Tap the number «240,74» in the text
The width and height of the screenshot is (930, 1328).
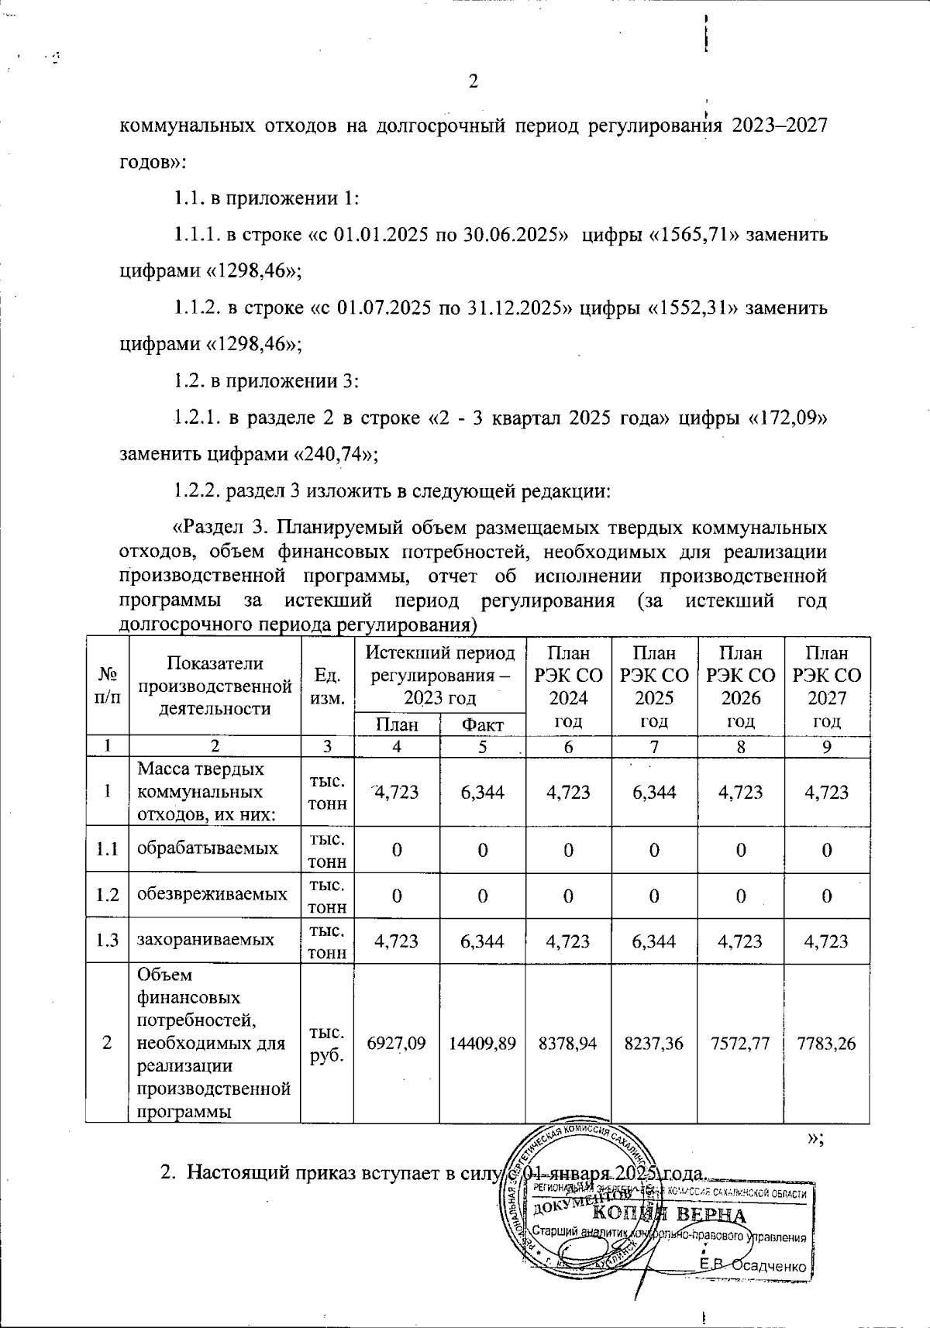point(333,455)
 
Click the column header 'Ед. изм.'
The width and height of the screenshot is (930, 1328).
point(326,686)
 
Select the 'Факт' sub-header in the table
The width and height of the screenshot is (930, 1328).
point(482,725)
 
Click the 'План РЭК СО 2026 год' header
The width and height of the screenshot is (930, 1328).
point(741,686)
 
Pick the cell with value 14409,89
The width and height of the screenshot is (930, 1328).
point(482,1044)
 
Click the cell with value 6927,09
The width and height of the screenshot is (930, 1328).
point(396,1044)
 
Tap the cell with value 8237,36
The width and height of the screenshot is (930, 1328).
point(654,1044)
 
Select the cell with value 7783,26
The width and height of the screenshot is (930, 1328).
point(826,1044)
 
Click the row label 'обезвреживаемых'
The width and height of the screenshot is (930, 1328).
point(212,894)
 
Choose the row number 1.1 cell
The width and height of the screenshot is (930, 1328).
point(107,849)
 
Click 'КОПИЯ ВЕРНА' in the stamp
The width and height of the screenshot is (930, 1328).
point(669,1216)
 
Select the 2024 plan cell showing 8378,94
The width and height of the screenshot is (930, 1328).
point(568,1044)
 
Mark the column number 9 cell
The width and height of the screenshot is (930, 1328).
point(826,747)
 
